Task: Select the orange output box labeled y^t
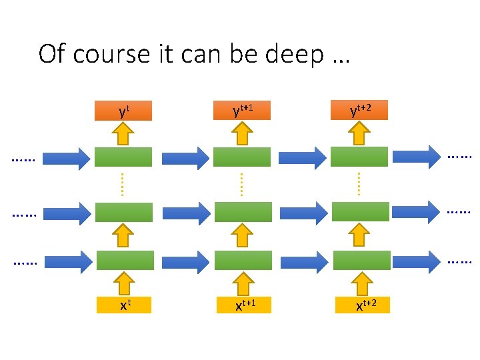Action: click(x=123, y=111)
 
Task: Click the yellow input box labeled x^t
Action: click(x=124, y=305)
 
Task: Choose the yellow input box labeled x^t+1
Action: click(x=243, y=305)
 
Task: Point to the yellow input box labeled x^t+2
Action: click(x=361, y=305)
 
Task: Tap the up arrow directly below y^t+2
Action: click(x=361, y=133)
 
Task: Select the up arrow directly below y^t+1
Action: click(x=243, y=133)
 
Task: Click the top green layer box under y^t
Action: click(x=123, y=157)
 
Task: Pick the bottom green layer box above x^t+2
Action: click(x=361, y=260)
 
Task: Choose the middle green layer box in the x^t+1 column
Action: click(x=243, y=211)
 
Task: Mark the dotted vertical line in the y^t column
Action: click(x=123, y=184)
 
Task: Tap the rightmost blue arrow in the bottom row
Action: click(x=417, y=261)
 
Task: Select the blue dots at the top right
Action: click(x=459, y=157)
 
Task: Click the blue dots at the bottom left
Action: click(x=25, y=264)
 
